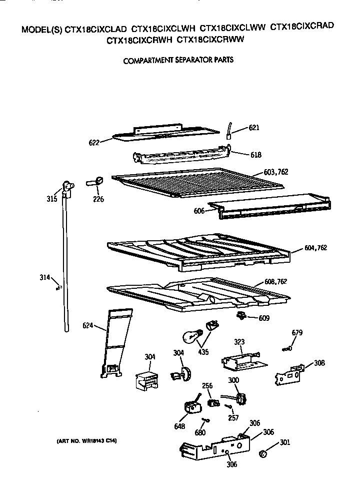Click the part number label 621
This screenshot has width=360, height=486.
[255, 128]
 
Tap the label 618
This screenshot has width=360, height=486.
[255, 155]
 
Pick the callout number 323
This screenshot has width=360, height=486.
[240, 342]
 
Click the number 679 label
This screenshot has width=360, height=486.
[297, 332]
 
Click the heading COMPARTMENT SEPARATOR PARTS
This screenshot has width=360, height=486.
[178, 60]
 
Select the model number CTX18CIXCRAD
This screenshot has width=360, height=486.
[302, 27]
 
